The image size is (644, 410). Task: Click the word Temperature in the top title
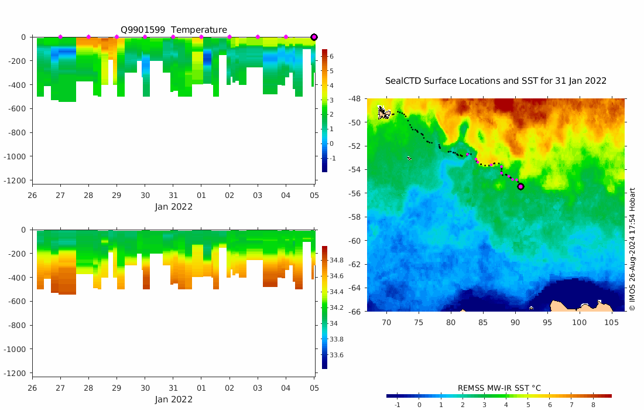pos(199,30)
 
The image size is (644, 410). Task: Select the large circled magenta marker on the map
pos(520,186)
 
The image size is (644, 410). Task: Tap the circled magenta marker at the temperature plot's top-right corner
pos(314,37)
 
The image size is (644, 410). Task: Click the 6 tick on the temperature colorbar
pos(331,56)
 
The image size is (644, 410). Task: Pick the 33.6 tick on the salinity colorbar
pos(337,355)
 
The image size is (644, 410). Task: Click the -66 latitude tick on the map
pos(354,311)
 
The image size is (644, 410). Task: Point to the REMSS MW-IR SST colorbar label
pos(499,388)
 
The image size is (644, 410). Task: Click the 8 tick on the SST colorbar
pos(592,405)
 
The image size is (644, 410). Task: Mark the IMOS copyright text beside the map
pos(632,249)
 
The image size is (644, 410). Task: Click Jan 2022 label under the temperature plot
pos(174,207)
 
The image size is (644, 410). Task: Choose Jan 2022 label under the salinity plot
pos(174,399)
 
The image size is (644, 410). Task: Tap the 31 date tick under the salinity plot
pos(173,388)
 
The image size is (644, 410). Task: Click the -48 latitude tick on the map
pos(354,99)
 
